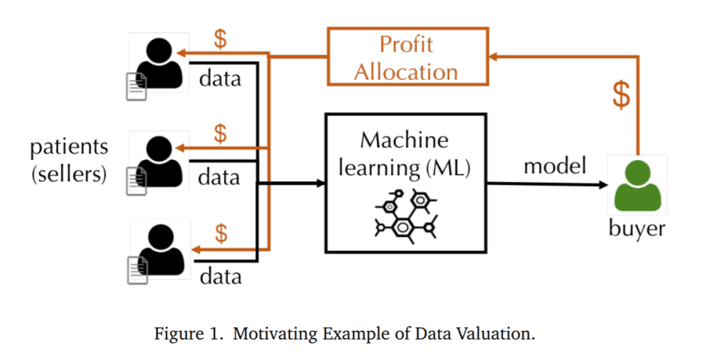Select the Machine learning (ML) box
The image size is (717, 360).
pos(405,183)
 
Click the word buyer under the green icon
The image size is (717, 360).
pos(637,228)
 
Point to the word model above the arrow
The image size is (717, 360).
pos(555,166)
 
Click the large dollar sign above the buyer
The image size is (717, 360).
pos(620,96)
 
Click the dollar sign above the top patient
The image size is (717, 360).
pos(220,39)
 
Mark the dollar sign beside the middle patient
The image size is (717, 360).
pos(220,134)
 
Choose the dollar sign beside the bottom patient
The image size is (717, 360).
pos(221,232)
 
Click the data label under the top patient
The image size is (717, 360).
pos(220,78)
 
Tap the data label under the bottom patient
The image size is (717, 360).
pos(220,276)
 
